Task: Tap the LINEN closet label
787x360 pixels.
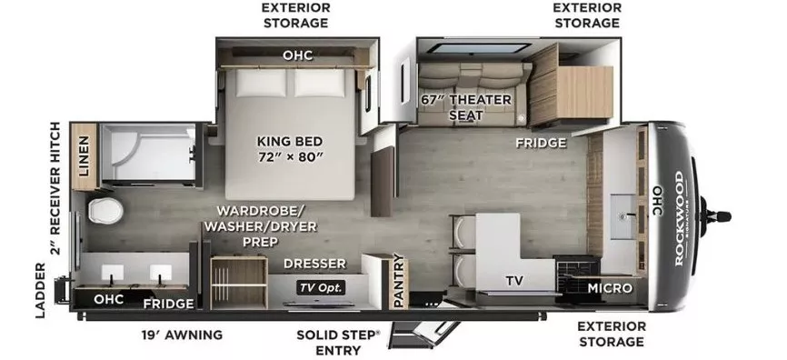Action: pyautogui.click(x=84, y=155)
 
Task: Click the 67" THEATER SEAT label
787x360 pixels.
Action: pyautogui.click(x=466, y=107)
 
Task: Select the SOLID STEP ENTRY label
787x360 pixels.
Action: pyautogui.click(x=337, y=342)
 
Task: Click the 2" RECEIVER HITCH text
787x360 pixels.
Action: pyautogui.click(x=56, y=188)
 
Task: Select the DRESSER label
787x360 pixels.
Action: pyautogui.click(x=314, y=264)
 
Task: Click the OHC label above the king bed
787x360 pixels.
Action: pyautogui.click(x=297, y=55)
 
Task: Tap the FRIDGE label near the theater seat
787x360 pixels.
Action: pyautogui.click(x=542, y=143)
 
